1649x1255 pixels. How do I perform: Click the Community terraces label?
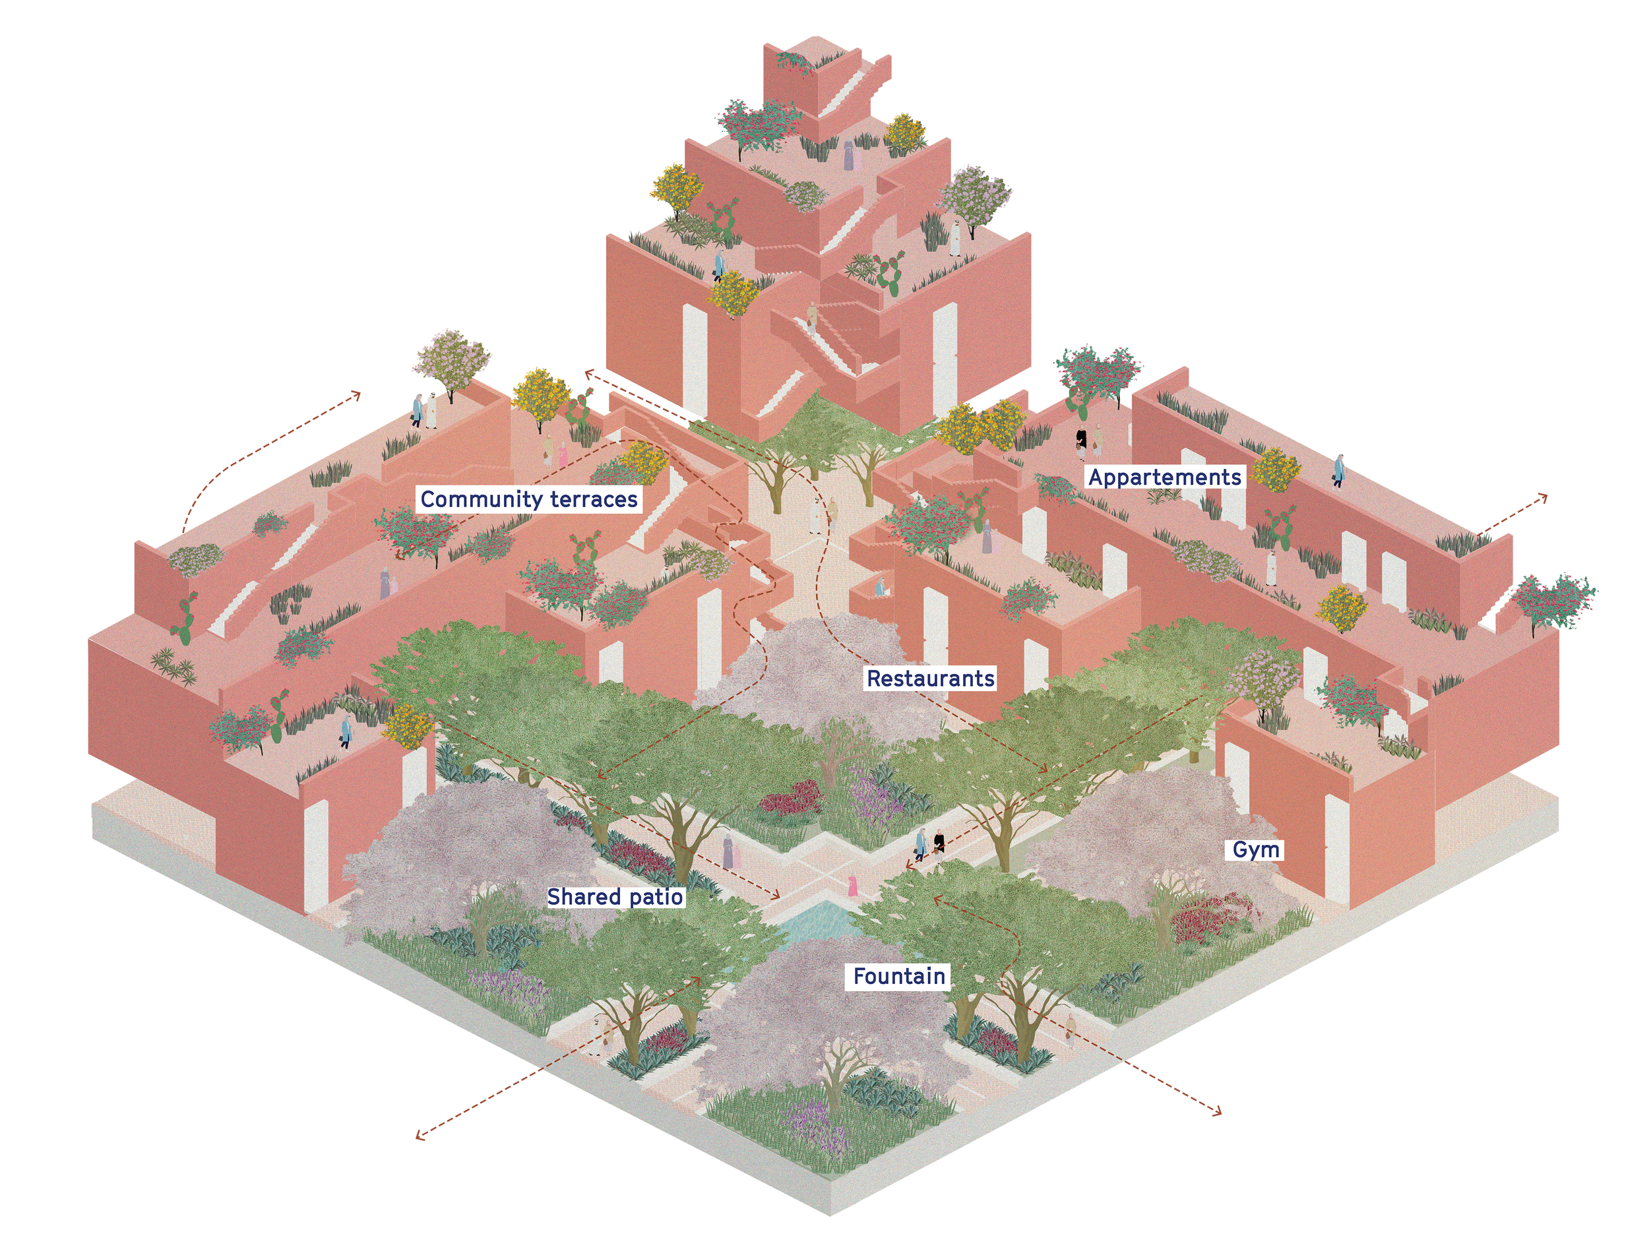point(529,499)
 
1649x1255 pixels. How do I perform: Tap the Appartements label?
point(1164,477)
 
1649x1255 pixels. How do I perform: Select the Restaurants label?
point(930,679)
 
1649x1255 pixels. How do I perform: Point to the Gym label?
point(1255,849)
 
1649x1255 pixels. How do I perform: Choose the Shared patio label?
point(615,896)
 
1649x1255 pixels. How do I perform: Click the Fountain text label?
point(899,976)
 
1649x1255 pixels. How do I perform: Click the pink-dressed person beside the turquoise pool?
point(850,888)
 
